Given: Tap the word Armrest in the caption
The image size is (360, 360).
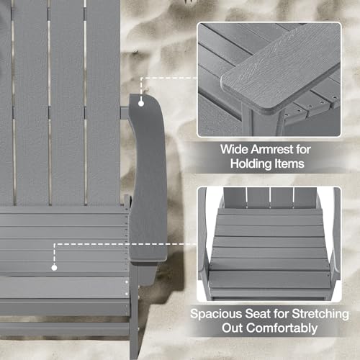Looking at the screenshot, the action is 272,149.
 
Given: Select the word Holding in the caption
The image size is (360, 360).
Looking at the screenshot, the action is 251,164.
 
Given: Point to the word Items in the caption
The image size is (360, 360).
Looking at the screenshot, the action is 289,163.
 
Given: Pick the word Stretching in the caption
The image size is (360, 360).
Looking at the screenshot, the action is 320,314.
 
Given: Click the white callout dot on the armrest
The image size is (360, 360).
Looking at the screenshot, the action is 141,104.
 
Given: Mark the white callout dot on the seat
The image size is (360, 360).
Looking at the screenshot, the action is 54,268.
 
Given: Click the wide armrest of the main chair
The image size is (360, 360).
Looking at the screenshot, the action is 148,178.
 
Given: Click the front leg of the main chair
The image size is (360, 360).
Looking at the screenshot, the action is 134,312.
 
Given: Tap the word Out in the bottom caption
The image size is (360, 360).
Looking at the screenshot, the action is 232,328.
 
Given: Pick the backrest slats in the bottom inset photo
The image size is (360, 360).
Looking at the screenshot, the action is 270,197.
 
